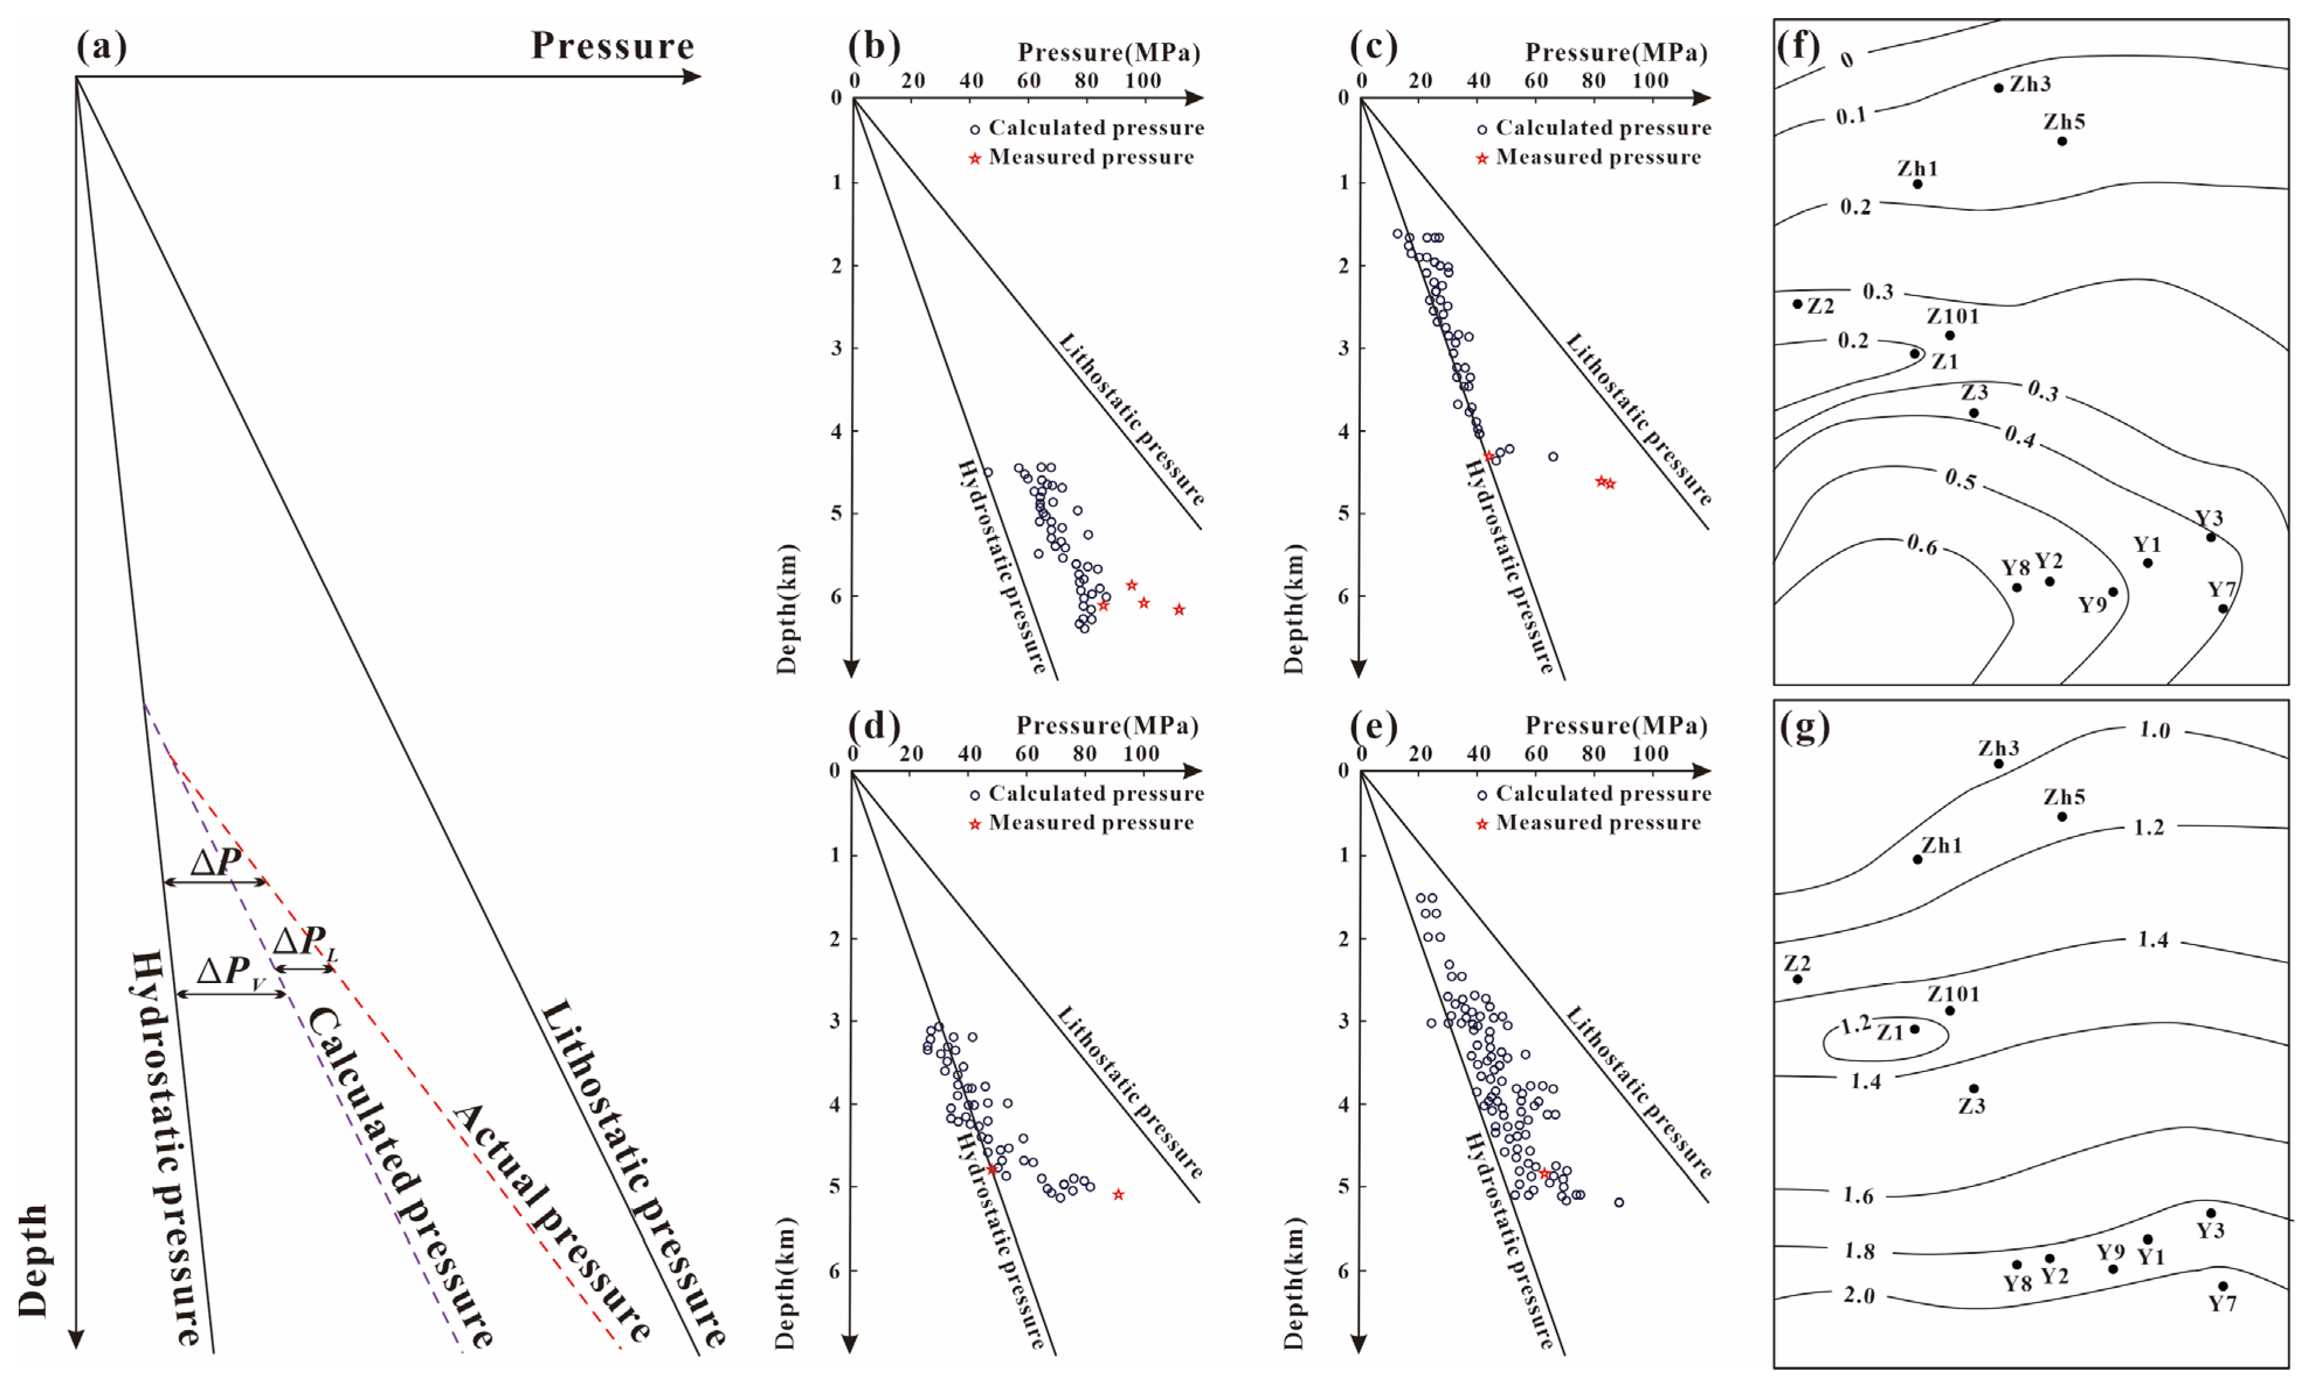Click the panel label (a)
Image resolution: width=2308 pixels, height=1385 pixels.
point(101,46)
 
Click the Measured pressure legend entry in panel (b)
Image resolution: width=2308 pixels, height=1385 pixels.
point(1090,157)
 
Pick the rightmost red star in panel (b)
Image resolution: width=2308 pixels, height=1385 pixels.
point(1179,609)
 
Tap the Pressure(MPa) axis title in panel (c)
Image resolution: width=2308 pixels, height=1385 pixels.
point(1616,52)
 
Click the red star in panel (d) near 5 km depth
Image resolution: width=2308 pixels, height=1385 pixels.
point(1118,1195)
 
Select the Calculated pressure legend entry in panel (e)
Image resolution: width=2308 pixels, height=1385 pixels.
point(1602,793)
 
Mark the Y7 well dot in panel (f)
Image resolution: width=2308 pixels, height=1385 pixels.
point(2223,609)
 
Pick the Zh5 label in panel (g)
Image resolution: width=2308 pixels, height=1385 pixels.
point(2064,797)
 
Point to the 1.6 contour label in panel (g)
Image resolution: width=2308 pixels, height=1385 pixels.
point(1858,1196)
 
